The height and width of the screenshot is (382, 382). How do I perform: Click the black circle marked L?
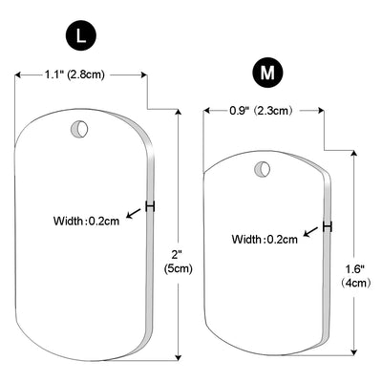(81, 37)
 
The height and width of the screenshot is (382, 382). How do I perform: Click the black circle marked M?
(267, 73)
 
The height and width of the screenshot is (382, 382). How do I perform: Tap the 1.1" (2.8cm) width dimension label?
(74, 75)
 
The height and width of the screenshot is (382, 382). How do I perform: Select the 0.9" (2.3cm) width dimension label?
(261, 111)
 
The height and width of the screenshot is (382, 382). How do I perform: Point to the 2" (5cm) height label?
(179, 262)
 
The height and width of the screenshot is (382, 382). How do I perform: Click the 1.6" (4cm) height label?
(355, 276)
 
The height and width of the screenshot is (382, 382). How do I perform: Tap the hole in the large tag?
(79, 129)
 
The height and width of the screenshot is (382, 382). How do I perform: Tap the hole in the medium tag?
(263, 168)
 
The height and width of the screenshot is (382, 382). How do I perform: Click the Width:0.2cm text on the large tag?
(86, 221)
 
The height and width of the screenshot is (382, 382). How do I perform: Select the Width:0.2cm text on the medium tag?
(265, 239)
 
